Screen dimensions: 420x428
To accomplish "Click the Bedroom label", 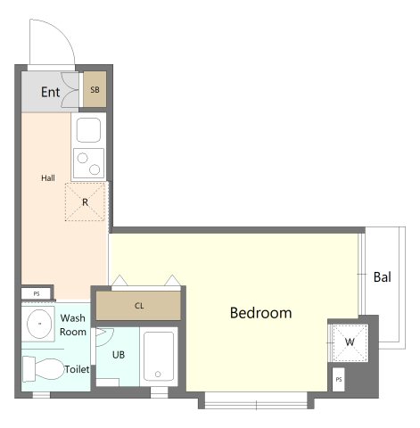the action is coord(260,313).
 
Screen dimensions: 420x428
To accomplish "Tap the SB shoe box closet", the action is coord(95,89).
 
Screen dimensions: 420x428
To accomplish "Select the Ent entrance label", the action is coord(50,92).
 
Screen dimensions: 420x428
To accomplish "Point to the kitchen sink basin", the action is coord(88,130).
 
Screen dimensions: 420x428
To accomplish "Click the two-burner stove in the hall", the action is coord(88,163).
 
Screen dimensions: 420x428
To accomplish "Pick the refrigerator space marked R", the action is coord(85,202).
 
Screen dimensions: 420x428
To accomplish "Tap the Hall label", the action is coord(48,178).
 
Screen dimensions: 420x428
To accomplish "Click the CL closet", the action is coord(138,306).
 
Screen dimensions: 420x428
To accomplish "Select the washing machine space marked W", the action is coord(350,342).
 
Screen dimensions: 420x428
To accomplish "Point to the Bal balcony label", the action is coord(383,277).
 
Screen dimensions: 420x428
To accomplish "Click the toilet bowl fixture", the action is coord(44,369).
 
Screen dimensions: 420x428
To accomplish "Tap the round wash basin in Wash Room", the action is coord(39,324).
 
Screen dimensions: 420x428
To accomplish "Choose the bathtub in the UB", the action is coord(159,357).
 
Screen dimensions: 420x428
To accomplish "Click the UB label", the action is coord(119,355).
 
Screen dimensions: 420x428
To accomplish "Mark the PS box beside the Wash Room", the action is coord(37,293).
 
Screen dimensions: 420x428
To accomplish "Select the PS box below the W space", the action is coord(339,380).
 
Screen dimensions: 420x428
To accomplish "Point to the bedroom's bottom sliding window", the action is coord(256,400).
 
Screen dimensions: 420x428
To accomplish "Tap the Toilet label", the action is coord(77,369).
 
